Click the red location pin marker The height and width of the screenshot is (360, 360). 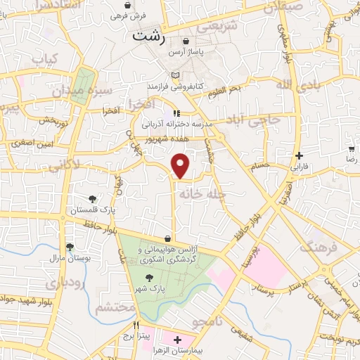click(x=181, y=166)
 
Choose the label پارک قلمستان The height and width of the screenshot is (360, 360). click(x=93, y=209)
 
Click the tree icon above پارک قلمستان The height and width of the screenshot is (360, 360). click(x=92, y=198)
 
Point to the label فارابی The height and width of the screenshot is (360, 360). click(x=300, y=167)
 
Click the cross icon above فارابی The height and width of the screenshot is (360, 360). click(x=300, y=156)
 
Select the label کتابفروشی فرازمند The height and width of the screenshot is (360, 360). click(x=175, y=85)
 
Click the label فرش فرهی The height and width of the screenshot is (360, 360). click(x=149, y=15)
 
